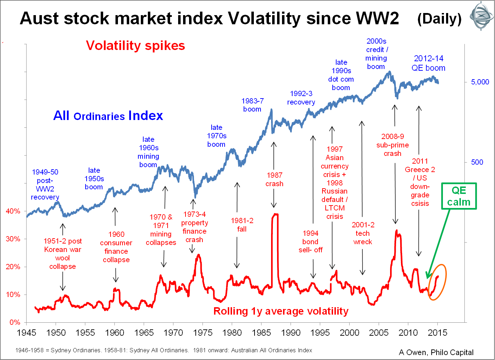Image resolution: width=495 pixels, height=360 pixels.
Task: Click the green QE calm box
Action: [x=459, y=196]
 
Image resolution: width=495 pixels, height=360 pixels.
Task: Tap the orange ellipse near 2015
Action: [x=437, y=282]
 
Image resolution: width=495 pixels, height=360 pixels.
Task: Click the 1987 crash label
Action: [x=274, y=179]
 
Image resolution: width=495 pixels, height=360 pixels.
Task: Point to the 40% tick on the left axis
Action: [x=13, y=211]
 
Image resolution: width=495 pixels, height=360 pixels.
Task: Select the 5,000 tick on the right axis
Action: [x=480, y=82]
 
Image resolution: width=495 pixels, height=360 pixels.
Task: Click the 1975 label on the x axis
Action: [x=202, y=333]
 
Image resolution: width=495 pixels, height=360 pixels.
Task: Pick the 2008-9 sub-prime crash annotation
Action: [x=393, y=145]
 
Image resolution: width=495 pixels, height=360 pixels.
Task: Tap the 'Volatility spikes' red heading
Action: [x=135, y=46]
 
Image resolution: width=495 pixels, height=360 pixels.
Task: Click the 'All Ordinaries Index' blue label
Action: [x=108, y=116]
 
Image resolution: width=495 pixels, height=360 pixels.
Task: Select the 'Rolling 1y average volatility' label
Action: [x=281, y=311]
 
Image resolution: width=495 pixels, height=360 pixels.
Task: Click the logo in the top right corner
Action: [x=481, y=16]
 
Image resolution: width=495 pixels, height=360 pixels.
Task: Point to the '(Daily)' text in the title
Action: [x=439, y=19]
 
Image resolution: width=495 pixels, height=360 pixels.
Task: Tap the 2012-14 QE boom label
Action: [x=428, y=63]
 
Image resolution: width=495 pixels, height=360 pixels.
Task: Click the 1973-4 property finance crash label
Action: [x=194, y=227]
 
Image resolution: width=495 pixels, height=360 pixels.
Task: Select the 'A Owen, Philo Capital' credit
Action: [x=436, y=352]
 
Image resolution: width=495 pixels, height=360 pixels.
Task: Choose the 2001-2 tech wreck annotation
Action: [x=363, y=233]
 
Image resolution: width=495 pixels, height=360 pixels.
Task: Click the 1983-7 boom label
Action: [x=252, y=105]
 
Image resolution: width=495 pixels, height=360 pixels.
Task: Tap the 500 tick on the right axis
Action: [x=477, y=162]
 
